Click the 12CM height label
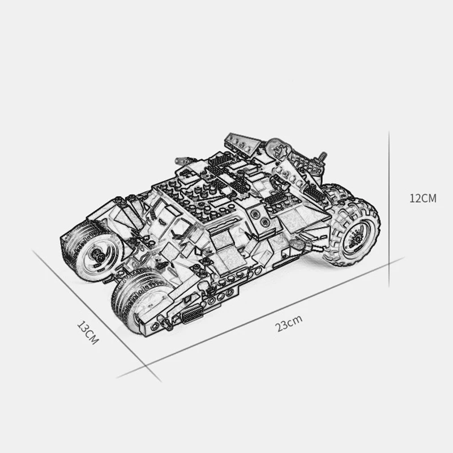point(423,198)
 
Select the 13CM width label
point(88,333)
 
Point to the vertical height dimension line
point(388,210)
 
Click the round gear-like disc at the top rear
point(279,148)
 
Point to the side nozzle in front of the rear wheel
point(298,243)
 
